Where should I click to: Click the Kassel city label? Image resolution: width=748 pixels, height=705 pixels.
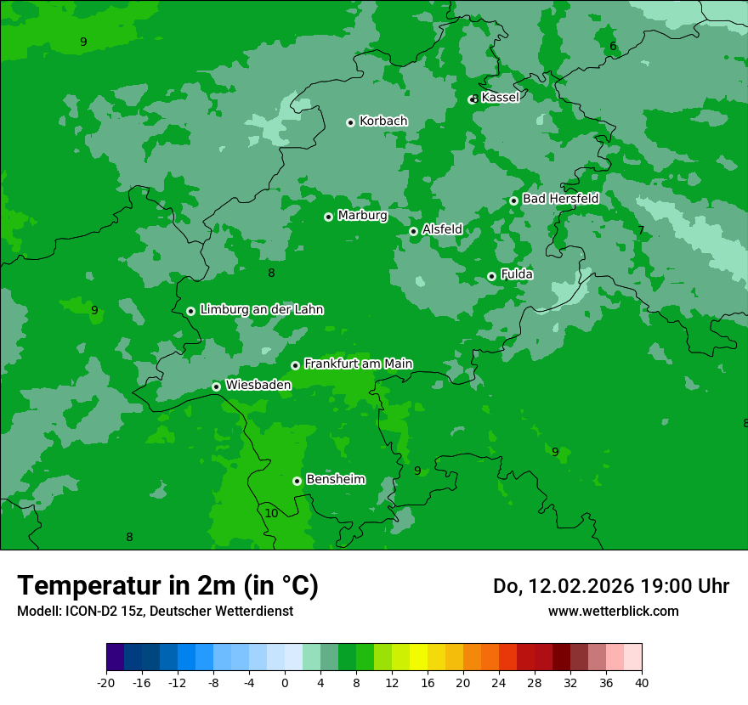pos(500,98)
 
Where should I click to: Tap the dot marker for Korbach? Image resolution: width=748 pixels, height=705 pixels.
pos(350,122)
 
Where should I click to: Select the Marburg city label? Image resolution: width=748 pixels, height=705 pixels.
pos(362,216)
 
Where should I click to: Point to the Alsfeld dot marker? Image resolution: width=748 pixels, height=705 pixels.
pos(413,231)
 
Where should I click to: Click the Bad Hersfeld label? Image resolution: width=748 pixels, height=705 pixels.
pos(560,199)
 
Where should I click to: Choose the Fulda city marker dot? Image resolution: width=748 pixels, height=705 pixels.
pos(491,276)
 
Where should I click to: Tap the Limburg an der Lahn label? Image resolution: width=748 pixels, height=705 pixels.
pos(261,310)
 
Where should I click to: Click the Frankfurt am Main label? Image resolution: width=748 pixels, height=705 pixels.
pos(358,364)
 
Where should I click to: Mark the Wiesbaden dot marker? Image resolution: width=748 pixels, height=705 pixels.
pos(216,386)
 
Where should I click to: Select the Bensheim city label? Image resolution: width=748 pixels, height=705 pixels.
pos(335,480)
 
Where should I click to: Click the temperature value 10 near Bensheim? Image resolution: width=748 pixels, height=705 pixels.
pos(271,513)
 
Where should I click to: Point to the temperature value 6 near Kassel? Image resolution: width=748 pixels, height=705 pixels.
pos(613,46)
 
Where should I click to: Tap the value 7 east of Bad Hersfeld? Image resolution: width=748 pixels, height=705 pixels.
pos(641,231)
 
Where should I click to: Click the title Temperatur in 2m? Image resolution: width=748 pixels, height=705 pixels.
pos(167,585)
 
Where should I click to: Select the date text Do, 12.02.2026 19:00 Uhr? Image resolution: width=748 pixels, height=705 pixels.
pos(610,586)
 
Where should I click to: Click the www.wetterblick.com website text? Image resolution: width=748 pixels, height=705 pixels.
pos(613,611)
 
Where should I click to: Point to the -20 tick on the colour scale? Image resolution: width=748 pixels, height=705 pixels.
pos(106,682)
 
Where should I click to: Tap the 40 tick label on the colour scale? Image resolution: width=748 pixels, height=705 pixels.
pos(641,682)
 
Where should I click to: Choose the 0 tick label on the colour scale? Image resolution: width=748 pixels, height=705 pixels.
pos(285,682)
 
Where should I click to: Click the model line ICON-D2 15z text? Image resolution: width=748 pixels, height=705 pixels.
pos(155,611)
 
